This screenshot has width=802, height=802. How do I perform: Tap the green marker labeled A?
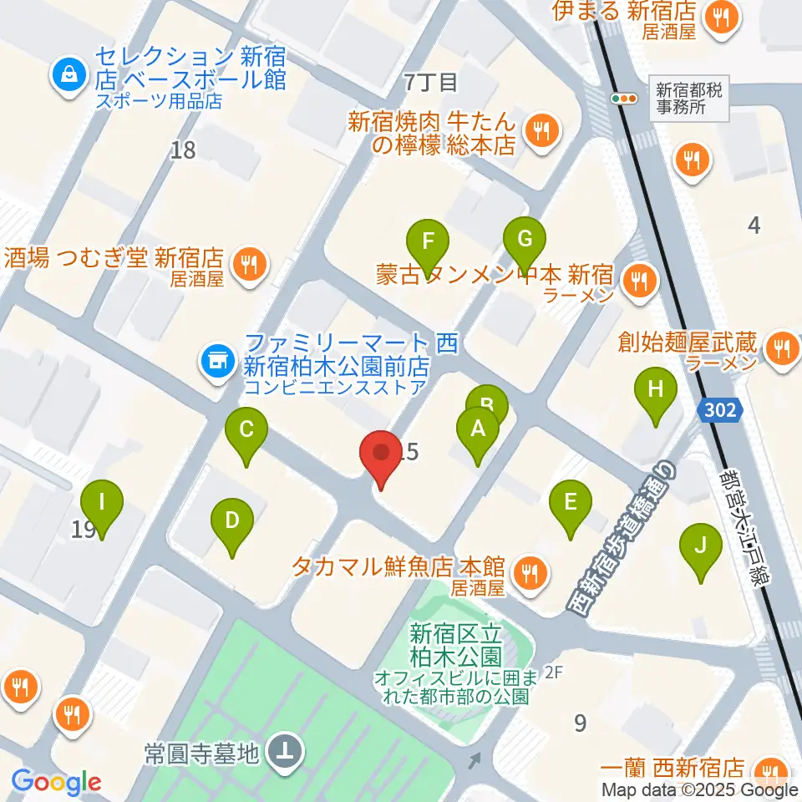click(x=478, y=431)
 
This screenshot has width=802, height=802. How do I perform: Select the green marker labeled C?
click(x=246, y=432)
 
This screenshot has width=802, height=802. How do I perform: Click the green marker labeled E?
click(x=571, y=504)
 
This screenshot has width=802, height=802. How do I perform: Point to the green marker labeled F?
click(x=428, y=244)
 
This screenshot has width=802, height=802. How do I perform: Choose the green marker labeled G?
click(x=525, y=241)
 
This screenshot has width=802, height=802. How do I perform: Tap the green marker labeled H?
click(x=656, y=390)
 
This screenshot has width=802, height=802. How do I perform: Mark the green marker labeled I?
click(x=102, y=505)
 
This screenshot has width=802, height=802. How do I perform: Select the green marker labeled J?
click(x=701, y=547)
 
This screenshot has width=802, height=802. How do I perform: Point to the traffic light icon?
click(x=624, y=99)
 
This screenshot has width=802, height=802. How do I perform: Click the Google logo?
click(x=56, y=783)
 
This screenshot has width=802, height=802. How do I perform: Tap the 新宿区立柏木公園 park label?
click(x=456, y=644)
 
